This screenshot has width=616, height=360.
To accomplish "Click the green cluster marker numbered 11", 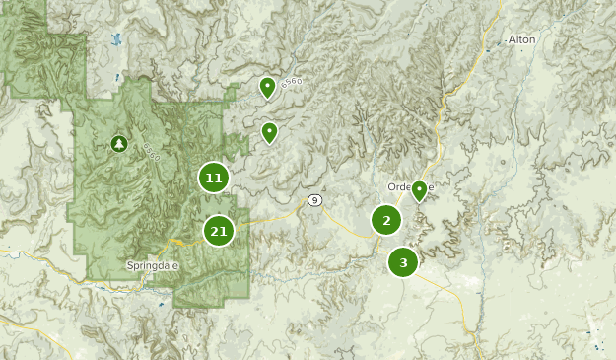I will [213, 179].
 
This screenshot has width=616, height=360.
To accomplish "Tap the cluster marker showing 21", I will [219, 232].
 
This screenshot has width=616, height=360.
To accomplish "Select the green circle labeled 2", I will [386, 220].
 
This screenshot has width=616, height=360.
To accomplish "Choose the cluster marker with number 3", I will [403, 262].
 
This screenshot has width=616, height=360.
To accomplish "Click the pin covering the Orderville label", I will [419, 189].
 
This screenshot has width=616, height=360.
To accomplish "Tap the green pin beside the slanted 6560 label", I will [266, 88].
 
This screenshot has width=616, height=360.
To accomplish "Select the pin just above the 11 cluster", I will [269, 132].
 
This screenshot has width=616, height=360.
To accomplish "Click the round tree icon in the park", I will [119, 145].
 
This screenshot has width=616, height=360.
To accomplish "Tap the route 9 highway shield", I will [314, 200].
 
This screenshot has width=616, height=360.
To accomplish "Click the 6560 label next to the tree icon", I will [150, 152].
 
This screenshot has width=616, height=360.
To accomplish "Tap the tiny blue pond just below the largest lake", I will [118, 77].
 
